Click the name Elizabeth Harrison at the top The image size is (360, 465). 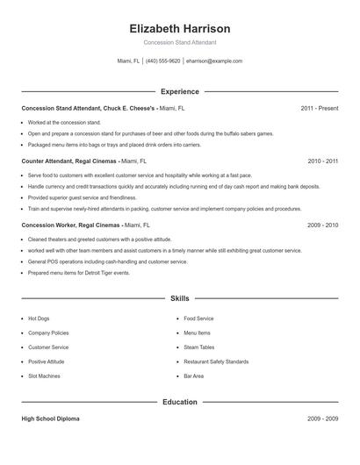[179, 28]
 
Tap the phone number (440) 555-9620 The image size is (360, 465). [163, 61]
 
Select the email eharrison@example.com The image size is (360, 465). [214, 61]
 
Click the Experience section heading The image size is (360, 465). [179, 91]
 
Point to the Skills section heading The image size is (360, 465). [179, 298]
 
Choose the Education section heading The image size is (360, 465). [179, 402]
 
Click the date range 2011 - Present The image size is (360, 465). [319, 109]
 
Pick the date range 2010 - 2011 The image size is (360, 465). [322, 161]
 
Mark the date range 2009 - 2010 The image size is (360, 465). [322, 225]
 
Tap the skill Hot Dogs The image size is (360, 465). [40, 318]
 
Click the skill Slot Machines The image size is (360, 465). [44, 376]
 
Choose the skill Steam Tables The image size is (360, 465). [198, 347]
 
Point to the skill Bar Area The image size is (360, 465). [193, 376]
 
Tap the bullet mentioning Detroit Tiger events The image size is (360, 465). [79, 273]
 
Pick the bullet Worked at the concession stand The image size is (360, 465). [64, 122]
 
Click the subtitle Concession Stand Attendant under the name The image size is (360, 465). [179, 42]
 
